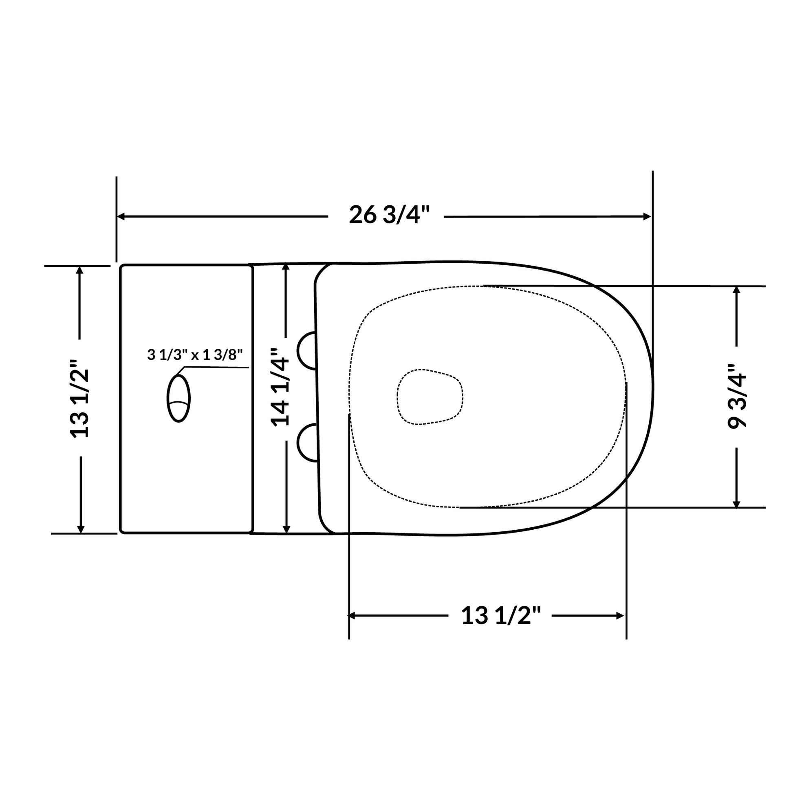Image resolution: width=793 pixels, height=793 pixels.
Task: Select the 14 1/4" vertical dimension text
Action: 280,387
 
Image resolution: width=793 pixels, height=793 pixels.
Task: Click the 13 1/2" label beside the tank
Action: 79,399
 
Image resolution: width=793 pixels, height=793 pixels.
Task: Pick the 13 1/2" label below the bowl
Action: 501,616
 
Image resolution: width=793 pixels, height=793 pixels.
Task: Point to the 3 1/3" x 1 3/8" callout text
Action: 195,355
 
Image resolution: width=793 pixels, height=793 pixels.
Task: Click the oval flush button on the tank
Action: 178,398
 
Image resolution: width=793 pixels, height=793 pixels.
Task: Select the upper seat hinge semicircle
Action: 307,350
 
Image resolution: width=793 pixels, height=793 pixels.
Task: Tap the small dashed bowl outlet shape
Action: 430,397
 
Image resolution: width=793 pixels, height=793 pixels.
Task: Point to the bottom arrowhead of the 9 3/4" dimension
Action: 736,504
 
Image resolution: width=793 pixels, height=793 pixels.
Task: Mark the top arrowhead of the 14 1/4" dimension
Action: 286,267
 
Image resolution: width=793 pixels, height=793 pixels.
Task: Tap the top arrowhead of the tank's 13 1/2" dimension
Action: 79,270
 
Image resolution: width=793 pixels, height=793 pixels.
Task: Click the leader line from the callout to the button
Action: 218,368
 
